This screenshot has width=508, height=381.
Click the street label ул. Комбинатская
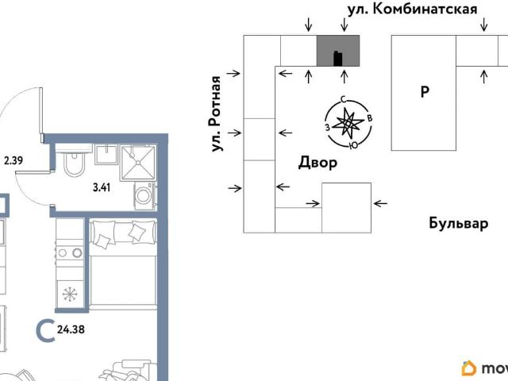click(x=413, y=10)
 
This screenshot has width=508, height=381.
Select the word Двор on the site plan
click(x=317, y=164)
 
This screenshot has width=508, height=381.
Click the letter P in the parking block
click(x=425, y=92)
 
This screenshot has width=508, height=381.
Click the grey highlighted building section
click(x=338, y=51)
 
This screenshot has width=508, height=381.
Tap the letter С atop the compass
click(x=342, y=99)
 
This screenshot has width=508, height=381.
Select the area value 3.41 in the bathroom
click(x=101, y=188)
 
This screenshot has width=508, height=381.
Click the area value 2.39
click(x=13, y=161)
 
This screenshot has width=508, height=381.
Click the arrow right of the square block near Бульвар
click(x=382, y=203)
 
